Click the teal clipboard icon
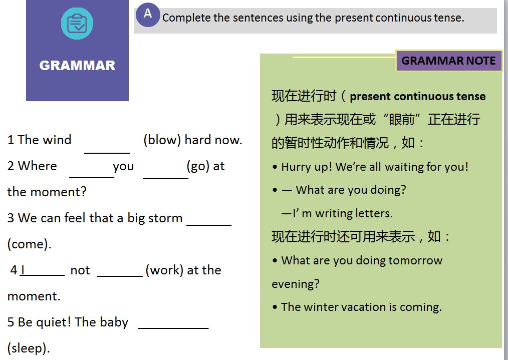pos(77,24)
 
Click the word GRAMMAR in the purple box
pos(77,66)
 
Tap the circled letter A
pos(148,15)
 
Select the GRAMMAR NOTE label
pos(448,61)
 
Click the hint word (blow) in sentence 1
pos(162,140)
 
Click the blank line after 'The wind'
pos(107,153)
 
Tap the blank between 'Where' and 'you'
pos(92,177)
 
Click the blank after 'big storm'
pos(209,224)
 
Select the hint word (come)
pos(29,244)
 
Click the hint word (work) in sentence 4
pos(165,270)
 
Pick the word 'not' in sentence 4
pos(80,270)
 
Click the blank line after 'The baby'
pos(173,328)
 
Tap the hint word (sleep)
pos(29,348)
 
